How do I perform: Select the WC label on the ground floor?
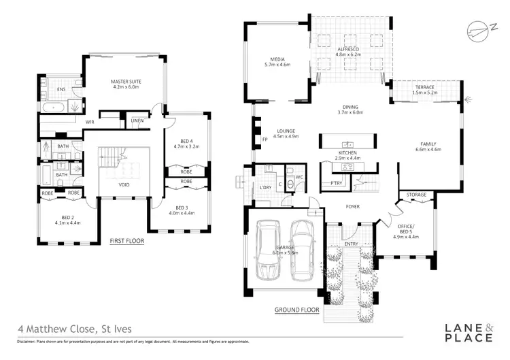(299, 177)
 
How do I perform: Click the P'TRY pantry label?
(335, 184)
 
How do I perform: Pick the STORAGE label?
(417, 195)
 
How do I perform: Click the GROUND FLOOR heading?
(297, 310)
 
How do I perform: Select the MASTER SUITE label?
(125, 84)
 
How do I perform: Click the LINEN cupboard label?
(137, 121)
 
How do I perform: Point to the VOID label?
(124, 184)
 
